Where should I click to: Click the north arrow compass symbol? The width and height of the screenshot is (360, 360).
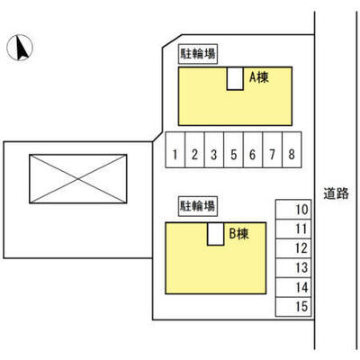point(20,48)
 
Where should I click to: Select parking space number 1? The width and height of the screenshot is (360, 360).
point(175,149)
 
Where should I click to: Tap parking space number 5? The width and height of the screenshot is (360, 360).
point(233,149)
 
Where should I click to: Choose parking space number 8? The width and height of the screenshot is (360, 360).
point(292,149)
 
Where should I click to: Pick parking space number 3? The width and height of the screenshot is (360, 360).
point(214,149)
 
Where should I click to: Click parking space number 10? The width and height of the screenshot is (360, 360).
point(293,210)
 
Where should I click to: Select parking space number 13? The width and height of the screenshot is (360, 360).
point(293,268)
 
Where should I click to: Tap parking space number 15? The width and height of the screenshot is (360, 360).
point(293,307)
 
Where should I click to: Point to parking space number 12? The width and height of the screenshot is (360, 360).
point(293,248)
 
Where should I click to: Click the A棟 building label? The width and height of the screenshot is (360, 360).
point(259,77)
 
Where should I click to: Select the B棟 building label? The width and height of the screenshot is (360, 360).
point(239,234)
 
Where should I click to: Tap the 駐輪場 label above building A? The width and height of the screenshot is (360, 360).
point(198,54)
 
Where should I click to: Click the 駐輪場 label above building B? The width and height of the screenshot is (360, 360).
point(198,206)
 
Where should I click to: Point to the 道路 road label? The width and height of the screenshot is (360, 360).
point(336,193)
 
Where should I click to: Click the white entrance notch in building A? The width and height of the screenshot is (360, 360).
point(235,78)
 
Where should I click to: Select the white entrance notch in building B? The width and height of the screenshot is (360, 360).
point(216,234)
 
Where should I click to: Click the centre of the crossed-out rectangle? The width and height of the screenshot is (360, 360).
point(78,179)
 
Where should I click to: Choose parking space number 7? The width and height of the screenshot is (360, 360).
point(273,149)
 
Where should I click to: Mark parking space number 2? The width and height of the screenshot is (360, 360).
point(194,149)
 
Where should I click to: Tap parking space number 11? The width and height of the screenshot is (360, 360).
point(293,229)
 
